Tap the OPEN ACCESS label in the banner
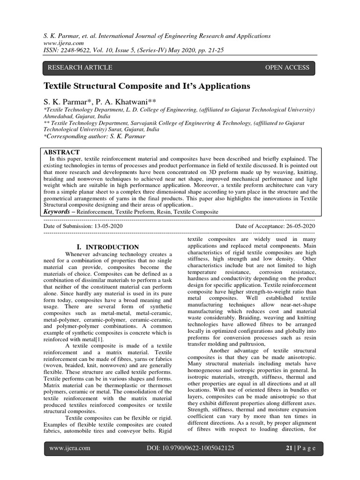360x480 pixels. tap(287, 67)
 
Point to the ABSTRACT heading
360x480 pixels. tap(61, 152)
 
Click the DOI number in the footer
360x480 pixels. tap(190, 448)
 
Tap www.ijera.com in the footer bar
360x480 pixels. tap(70, 448)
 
